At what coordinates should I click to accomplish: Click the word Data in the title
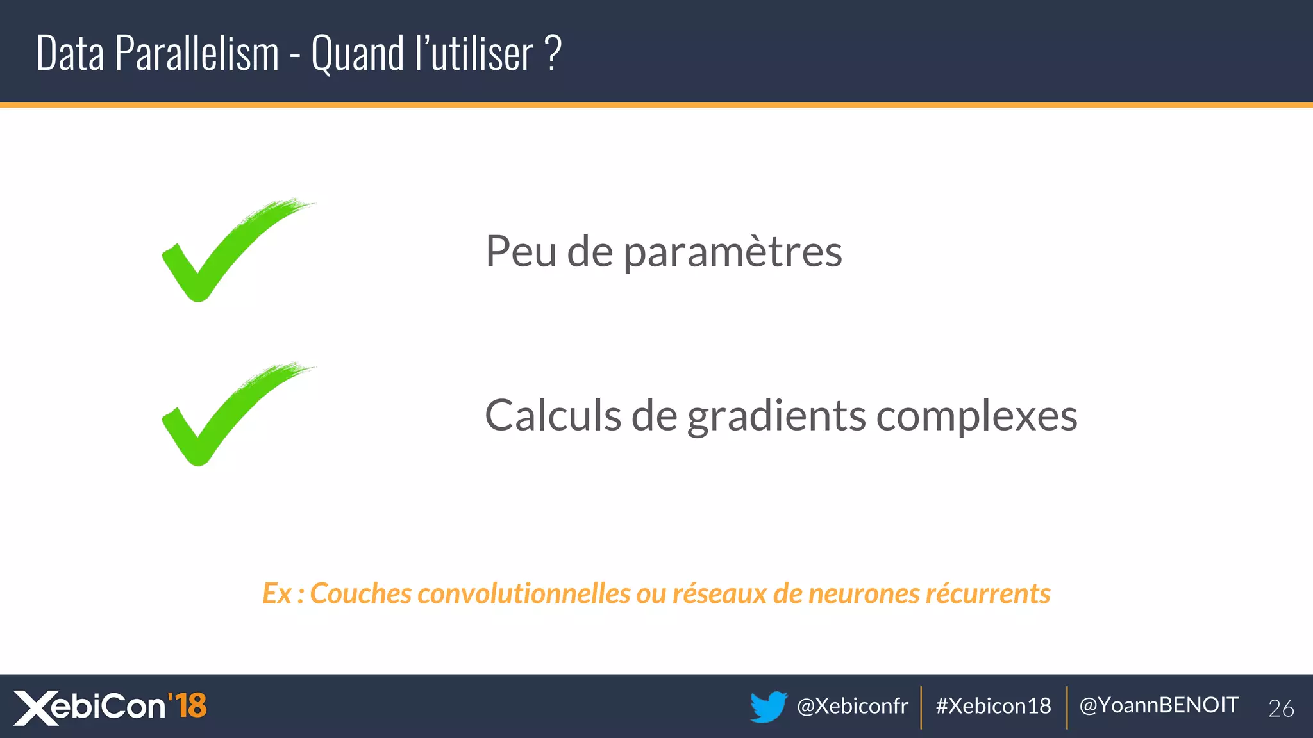pyautogui.click(x=70, y=53)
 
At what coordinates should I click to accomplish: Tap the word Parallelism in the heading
pyautogui.click(x=197, y=53)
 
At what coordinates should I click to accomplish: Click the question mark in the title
pyautogui.click(x=553, y=53)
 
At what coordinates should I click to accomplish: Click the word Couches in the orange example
pyautogui.click(x=360, y=594)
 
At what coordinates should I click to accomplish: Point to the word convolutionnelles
pyautogui.click(x=524, y=594)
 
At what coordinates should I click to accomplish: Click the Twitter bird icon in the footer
pyautogui.click(x=768, y=707)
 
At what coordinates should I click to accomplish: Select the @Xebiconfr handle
pyautogui.click(x=852, y=706)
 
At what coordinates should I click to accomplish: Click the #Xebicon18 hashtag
pyautogui.click(x=993, y=706)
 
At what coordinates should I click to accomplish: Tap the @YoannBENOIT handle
pyautogui.click(x=1158, y=705)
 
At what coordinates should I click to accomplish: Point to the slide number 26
pyautogui.click(x=1281, y=709)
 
